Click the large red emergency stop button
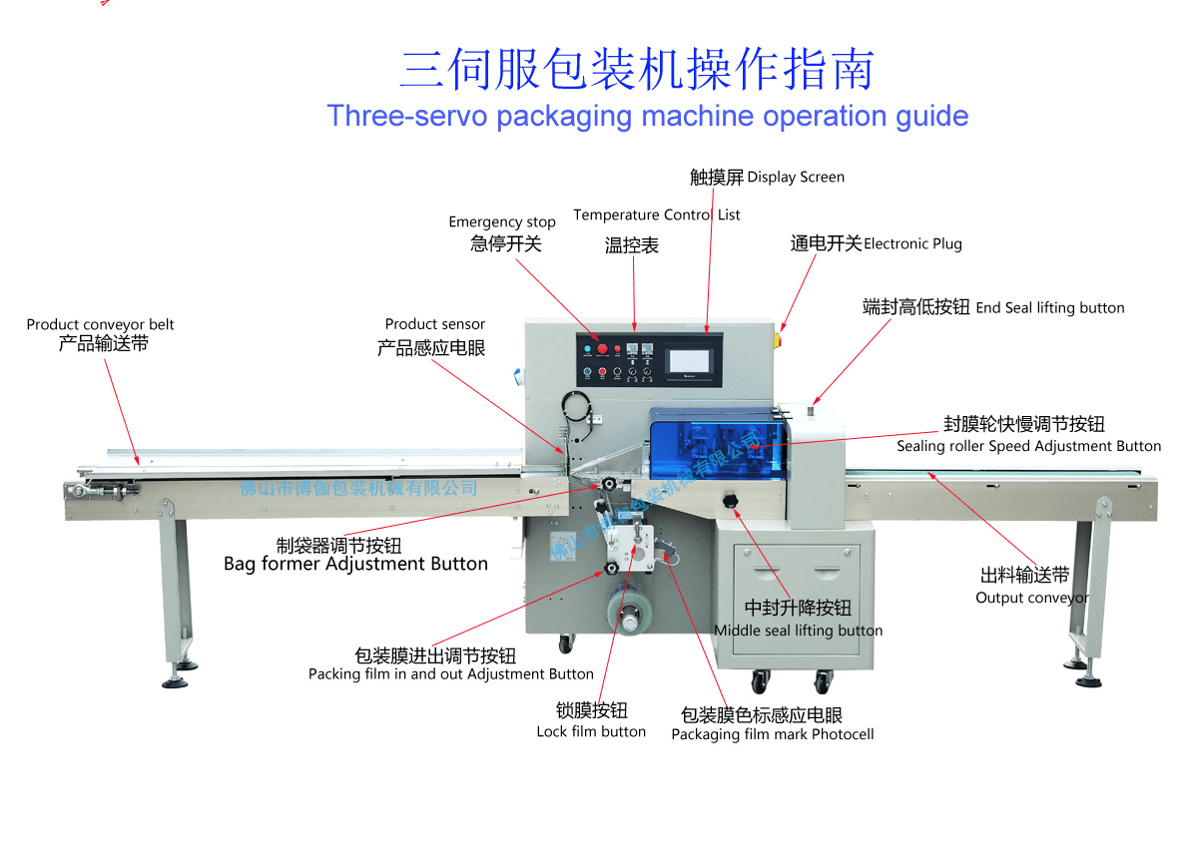(602, 348)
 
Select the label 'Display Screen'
(795, 178)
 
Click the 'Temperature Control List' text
(656, 214)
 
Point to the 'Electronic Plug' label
(911, 244)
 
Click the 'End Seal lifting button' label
(1049, 308)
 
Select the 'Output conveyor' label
(1031, 598)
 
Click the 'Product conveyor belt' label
(100, 324)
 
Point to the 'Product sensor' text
(435, 324)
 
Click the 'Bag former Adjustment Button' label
(355, 565)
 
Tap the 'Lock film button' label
(591, 732)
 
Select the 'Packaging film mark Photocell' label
(772, 735)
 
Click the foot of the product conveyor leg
(180, 681)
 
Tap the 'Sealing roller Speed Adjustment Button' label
(1028, 447)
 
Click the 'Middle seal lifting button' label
(798, 631)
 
